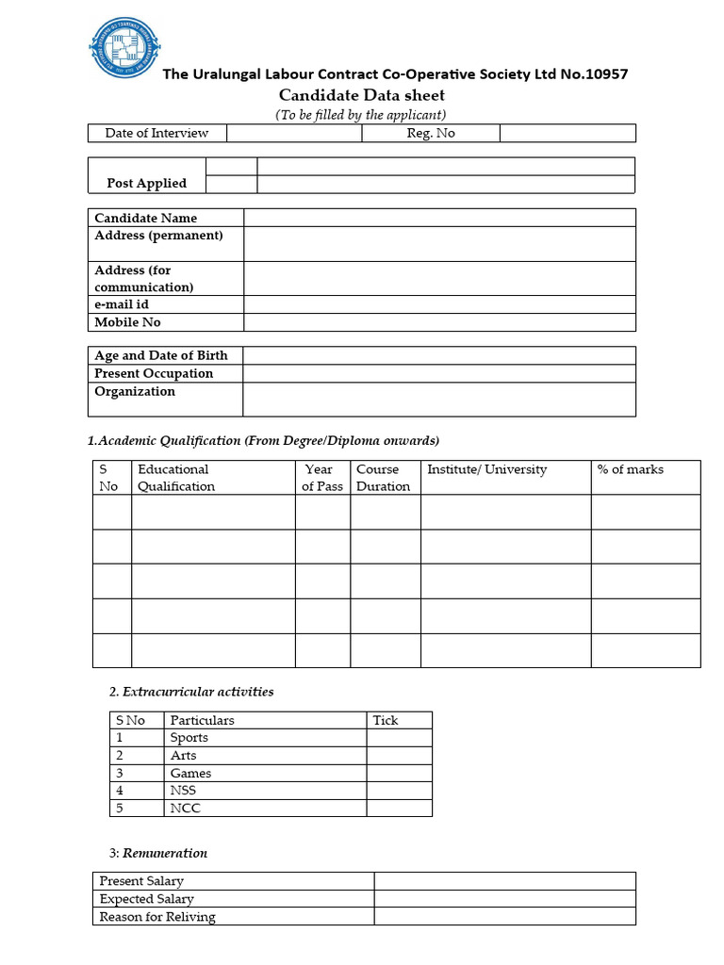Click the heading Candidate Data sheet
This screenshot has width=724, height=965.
[x=362, y=95]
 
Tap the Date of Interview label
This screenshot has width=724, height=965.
[x=156, y=133]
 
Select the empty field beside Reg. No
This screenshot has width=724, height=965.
[x=567, y=133]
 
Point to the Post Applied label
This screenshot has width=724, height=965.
[x=146, y=183]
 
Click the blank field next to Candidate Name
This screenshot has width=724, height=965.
[x=439, y=218]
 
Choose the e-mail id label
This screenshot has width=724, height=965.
[x=122, y=304]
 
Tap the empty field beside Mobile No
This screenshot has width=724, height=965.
[x=439, y=322]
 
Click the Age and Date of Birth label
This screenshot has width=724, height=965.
[x=161, y=355]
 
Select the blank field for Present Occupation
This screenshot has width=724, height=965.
[x=439, y=373]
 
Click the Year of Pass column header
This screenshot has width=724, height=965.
[x=322, y=478]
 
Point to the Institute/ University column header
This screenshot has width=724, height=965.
[x=486, y=469]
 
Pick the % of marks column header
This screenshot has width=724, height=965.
[x=630, y=469]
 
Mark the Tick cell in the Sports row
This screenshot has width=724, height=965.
[x=399, y=738]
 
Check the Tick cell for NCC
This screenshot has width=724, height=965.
[x=399, y=808]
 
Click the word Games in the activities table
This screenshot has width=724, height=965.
[x=190, y=773]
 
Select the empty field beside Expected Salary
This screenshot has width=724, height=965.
[x=504, y=899]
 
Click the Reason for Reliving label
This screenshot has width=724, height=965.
[x=157, y=917]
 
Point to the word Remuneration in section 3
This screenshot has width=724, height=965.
[x=165, y=853]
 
